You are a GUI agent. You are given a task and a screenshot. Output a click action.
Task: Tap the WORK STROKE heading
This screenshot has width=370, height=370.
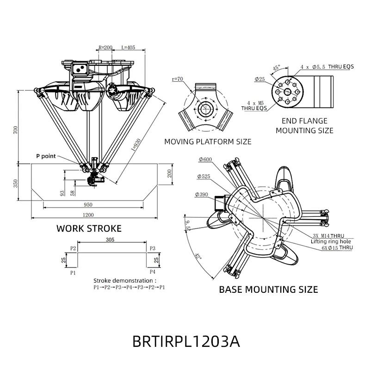coord(89,228)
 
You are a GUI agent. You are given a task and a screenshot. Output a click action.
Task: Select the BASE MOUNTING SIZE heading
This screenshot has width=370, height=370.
coord(268,290)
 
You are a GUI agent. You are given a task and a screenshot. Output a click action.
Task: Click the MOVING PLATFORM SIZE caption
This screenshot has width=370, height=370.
coord(208,141)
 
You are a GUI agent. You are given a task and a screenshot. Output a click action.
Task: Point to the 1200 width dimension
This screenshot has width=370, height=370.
coord(88,215)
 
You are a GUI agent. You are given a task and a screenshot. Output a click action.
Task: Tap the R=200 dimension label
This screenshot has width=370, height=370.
coord(105,48)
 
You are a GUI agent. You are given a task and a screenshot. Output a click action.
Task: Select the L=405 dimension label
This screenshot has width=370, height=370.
coord(128,48)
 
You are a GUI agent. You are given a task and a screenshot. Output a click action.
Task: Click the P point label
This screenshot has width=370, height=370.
coord(46,156)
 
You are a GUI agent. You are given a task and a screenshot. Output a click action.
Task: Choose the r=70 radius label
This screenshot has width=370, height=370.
coord(178,79)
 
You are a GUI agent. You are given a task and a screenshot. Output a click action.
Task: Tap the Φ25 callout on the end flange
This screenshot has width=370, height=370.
coord(260,79)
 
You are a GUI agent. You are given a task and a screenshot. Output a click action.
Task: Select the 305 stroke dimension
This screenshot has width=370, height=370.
coord(110,240)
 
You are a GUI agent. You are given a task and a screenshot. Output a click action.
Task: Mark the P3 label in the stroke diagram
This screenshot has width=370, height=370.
coord(153,248)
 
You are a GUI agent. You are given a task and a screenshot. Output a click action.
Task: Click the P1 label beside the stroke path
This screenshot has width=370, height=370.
coord(73,273)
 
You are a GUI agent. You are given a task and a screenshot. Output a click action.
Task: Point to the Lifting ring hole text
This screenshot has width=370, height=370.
coord(331,241)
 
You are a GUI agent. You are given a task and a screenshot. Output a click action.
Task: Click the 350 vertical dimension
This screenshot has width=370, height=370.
coord(16,183)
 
